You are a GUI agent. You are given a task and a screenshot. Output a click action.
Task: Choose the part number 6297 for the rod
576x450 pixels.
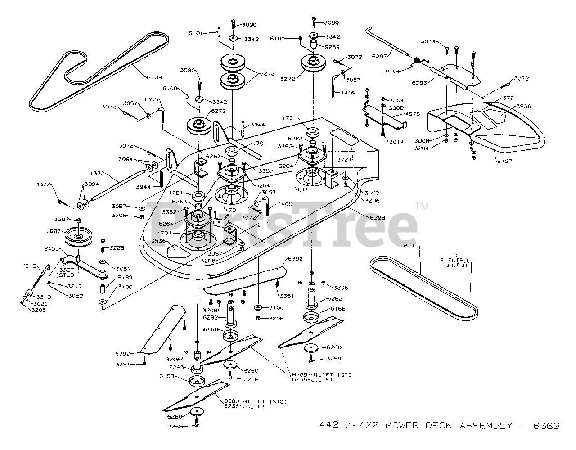[x=381, y=56]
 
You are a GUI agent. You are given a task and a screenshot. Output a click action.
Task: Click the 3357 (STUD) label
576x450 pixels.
[x=67, y=272]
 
